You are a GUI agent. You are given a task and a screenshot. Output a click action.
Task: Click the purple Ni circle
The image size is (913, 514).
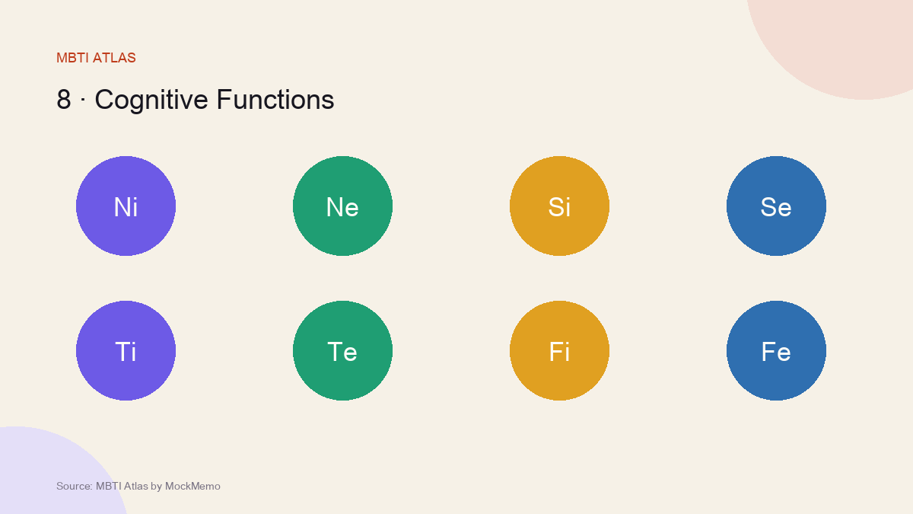pos(126,206)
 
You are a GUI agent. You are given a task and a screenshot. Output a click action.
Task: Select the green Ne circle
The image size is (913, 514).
pos(343,206)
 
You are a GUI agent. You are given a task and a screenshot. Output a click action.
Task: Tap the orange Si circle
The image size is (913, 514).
pos(560,206)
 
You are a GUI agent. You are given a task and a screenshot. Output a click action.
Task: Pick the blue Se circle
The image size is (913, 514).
pos(777,206)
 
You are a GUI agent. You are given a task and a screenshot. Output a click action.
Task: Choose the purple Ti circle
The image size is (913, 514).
pos(126,351)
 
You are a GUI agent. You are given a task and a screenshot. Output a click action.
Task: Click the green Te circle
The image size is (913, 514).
pos(343,351)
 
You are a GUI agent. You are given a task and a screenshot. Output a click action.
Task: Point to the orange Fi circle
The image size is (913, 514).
pos(560,351)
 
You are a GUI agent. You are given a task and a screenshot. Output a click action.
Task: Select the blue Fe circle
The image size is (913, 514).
pos(777,351)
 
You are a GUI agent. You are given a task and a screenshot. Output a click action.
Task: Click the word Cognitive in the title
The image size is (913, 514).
pos(151,101)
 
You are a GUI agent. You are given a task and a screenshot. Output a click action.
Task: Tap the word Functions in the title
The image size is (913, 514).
pos(275,100)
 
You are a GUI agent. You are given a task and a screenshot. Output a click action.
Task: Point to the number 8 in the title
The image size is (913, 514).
pos(64,100)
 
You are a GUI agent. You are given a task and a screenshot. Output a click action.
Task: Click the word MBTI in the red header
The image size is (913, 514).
pos(72,58)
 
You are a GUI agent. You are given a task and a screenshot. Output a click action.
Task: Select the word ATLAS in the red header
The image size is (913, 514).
pos(114,58)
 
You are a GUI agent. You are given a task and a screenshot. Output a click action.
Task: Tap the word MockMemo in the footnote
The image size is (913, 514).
pos(192,487)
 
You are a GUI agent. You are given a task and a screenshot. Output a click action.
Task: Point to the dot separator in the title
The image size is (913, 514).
pos(83,100)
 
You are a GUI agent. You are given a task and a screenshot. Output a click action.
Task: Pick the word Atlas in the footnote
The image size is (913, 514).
pos(135,487)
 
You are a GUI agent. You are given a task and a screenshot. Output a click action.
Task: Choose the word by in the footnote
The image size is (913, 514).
pos(157,487)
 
